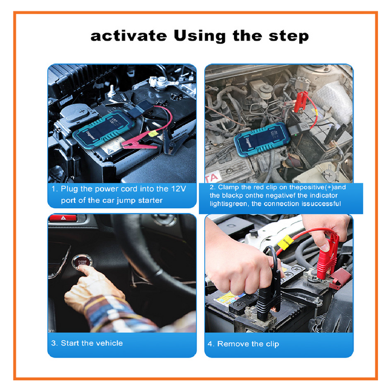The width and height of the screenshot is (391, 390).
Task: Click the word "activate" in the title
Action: (129, 36)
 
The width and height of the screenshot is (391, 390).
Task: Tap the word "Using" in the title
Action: (200, 36)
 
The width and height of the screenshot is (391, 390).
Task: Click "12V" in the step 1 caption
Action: (178, 189)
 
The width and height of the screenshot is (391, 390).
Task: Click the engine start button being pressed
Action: (82, 263)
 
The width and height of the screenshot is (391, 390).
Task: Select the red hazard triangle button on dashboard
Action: (64, 218)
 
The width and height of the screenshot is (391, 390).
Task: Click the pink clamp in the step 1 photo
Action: (138, 143)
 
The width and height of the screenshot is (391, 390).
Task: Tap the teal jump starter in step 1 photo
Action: (104, 130)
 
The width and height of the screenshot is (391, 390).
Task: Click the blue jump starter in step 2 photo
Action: (262, 139)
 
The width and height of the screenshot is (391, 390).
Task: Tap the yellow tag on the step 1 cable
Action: (153, 134)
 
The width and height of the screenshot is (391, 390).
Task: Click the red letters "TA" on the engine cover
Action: (212, 177)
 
